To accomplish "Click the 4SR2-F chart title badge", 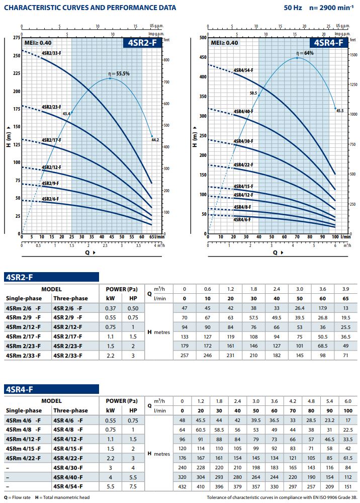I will (143, 43).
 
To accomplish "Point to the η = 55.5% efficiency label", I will (119, 73).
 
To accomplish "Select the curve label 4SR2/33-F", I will (51, 53).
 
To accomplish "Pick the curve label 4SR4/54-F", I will (243, 70).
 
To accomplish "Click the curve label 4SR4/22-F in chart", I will (243, 165).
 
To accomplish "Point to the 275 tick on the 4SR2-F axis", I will (16, 38).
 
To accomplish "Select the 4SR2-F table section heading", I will (19, 277).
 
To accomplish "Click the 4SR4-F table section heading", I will (19, 389).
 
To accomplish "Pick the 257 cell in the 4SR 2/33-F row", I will (184, 356).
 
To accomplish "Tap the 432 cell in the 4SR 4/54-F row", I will (182, 486).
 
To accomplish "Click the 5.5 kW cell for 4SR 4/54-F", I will (110, 486).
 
